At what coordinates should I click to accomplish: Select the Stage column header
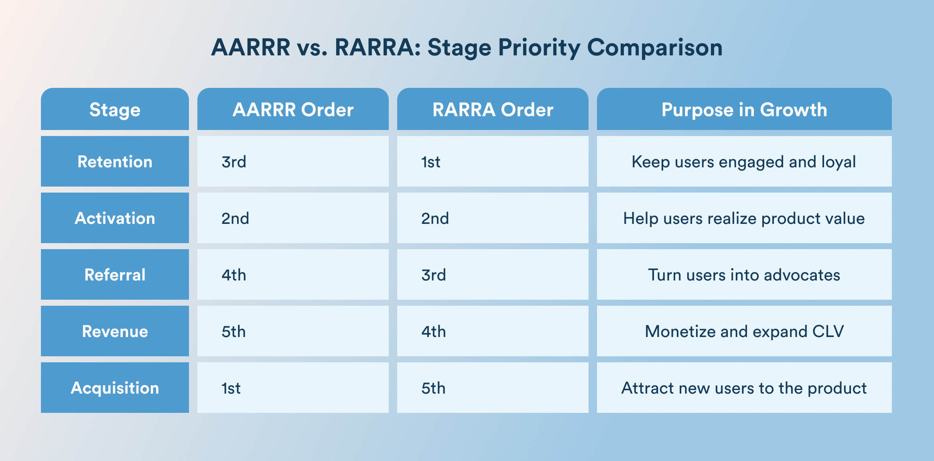(115, 110)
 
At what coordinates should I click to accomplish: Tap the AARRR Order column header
(293, 110)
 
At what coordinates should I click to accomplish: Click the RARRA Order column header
(493, 110)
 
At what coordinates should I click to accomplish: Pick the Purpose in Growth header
(744, 110)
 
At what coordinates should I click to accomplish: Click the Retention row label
(115, 162)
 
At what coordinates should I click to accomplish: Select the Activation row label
(115, 218)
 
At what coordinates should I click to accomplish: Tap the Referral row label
(115, 275)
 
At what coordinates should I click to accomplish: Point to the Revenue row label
(115, 331)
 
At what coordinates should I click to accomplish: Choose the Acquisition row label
(115, 388)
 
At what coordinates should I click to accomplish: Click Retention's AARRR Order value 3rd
(233, 162)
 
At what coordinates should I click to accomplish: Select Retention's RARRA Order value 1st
(430, 162)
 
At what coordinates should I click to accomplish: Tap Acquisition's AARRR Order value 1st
(231, 388)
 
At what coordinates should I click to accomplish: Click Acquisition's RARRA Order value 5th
(433, 388)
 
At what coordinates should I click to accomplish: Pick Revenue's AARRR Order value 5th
(233, 332)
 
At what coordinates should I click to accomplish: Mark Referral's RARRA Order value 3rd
(433, 275)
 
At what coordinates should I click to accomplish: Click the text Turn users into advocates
(744, 275)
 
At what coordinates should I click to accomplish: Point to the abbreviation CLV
(828, 331)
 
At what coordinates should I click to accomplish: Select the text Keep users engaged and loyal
(744, 162)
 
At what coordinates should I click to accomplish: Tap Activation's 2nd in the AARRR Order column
(235, 219)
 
